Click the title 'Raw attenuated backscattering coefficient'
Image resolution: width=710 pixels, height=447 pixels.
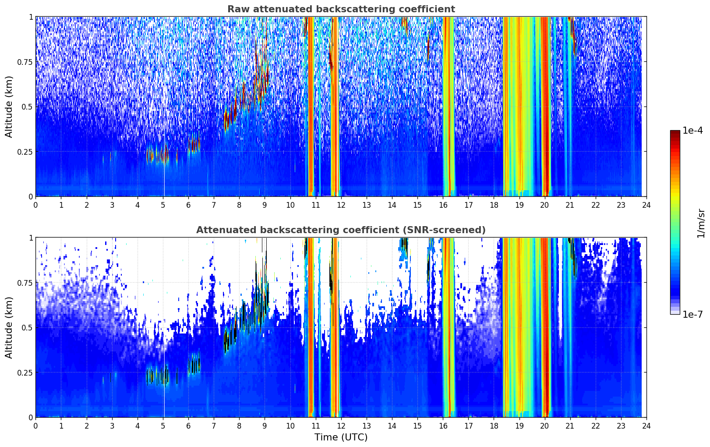(341, 9)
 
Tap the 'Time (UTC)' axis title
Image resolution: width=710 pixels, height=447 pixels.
(341, 437)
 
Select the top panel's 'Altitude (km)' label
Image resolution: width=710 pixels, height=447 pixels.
(9, 106)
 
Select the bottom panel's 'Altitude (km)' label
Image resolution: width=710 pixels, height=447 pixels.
(9, 327)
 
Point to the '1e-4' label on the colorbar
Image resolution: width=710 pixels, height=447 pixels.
(692, 131)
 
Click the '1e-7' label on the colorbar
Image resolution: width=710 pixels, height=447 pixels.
(692, 314)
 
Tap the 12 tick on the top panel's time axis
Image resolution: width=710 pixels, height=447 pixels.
(341, 205)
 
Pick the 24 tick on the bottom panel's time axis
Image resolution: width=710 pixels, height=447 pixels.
(646, 426)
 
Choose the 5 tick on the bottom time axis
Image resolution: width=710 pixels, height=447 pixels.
(163, 426)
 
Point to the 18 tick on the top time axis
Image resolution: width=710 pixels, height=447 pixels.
(494, 205)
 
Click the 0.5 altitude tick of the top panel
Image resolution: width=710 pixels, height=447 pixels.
(27, 106)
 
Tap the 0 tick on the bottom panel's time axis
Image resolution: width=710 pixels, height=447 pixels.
(36, 426)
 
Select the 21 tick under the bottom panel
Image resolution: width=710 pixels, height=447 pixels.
(570, 426)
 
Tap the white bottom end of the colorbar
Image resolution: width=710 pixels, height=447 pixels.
(675, 312)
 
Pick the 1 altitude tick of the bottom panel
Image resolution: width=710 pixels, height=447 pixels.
(31, 238)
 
